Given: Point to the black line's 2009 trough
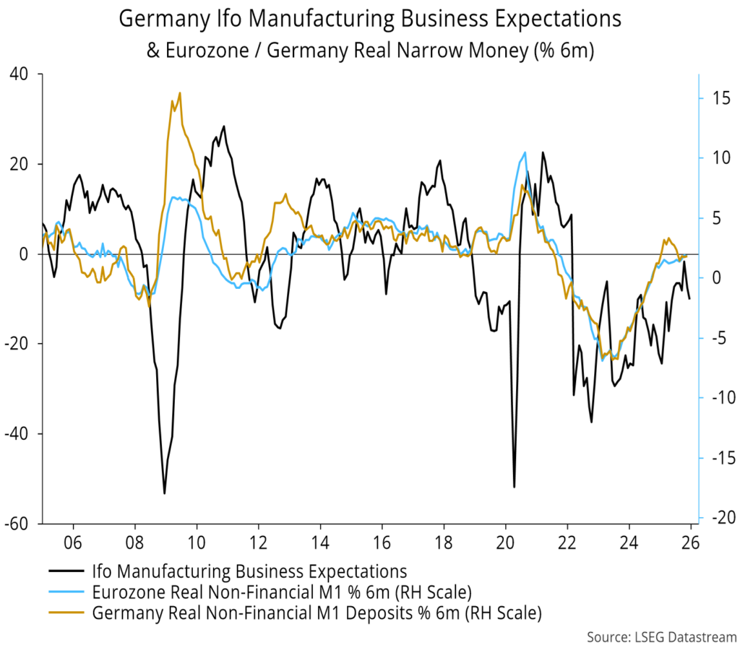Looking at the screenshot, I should [165, 493].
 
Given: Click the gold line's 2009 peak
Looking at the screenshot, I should [179, 93].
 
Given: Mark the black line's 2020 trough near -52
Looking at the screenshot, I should [515, 487].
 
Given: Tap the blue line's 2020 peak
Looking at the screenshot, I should [525, 152].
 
